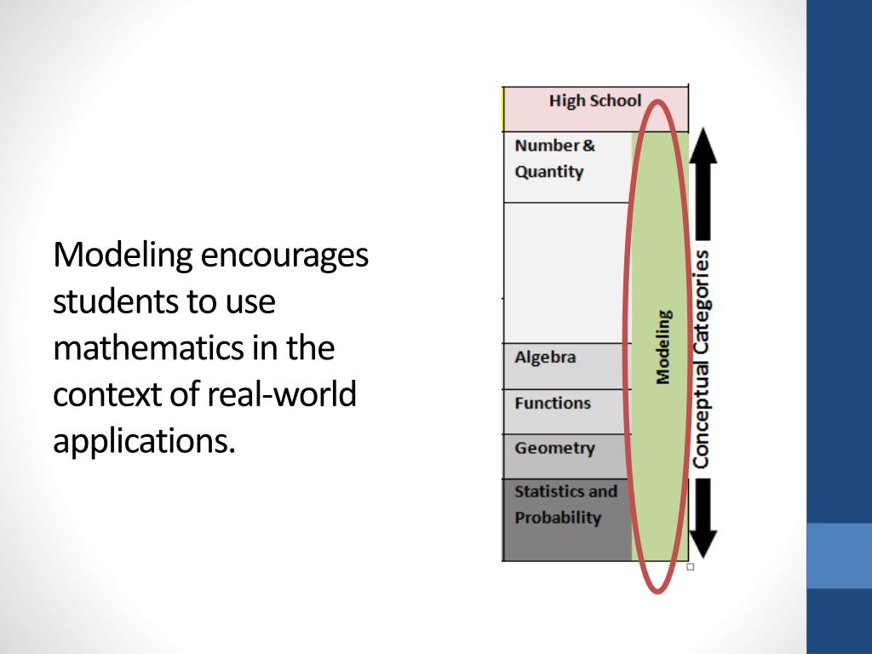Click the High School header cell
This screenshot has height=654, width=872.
(594, 101)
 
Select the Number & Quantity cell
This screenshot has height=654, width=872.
(555, 158)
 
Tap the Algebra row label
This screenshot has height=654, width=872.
(546, 358)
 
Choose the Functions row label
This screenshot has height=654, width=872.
(553, 403)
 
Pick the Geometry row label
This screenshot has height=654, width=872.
(554, 448)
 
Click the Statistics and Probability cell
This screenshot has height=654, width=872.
(565, 505)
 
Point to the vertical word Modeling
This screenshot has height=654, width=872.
(663, 346)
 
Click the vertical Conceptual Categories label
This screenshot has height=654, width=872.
(701, 359)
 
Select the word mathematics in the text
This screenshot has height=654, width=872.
(149, 348)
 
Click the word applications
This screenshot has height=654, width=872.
(143, 442)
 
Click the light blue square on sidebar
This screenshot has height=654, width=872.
(839, 555)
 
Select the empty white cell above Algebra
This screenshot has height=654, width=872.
(566, 272)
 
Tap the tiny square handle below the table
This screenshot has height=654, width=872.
(690, 566)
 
